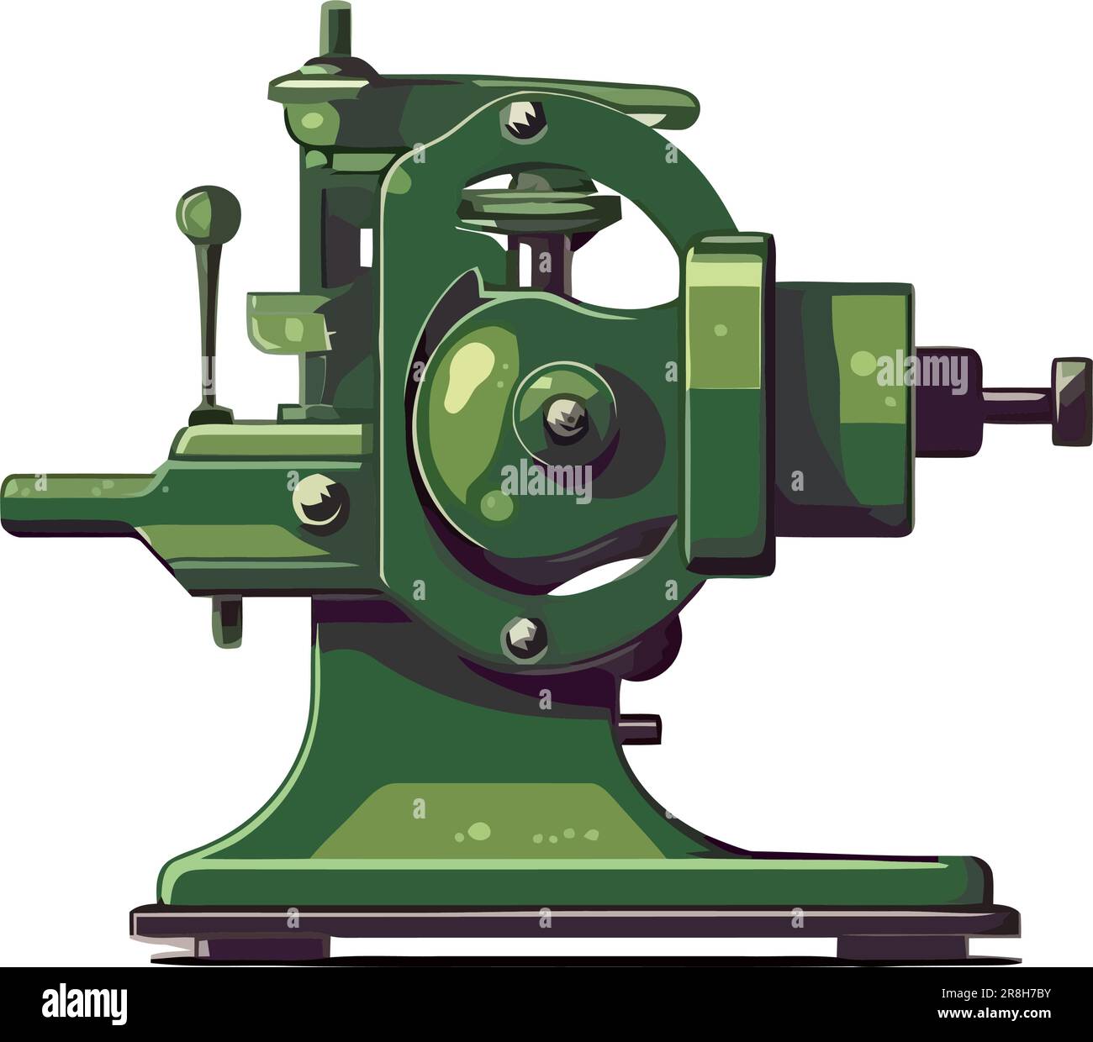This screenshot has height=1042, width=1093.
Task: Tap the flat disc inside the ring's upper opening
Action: click(x=525, y=200)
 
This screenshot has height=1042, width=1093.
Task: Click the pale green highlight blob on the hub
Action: click(x=471, y=370)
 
